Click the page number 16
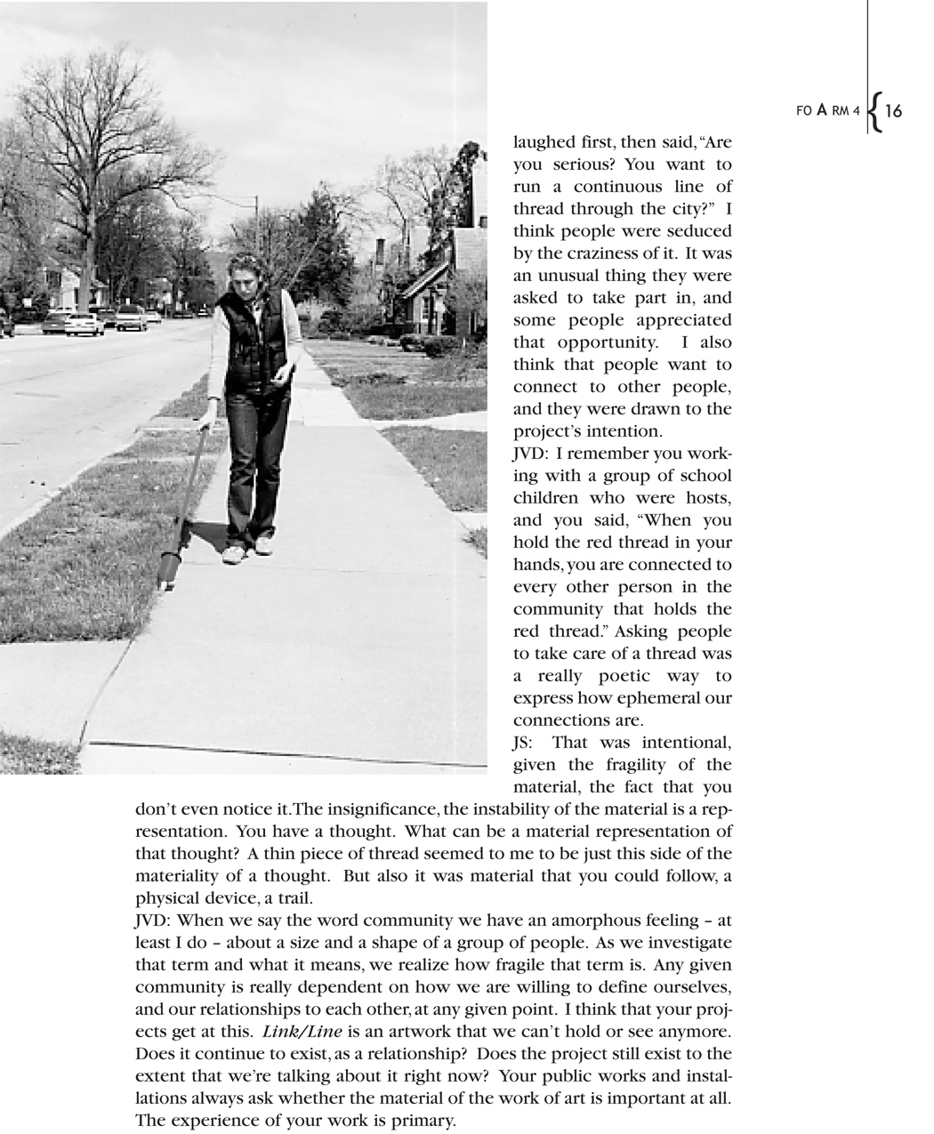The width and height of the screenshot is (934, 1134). pos(893,111)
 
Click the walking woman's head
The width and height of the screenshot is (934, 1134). pos(244,270)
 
